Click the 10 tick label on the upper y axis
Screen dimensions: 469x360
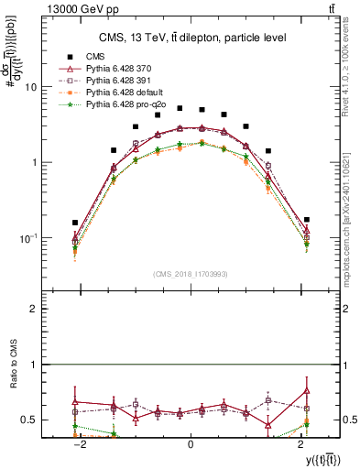point(30,87)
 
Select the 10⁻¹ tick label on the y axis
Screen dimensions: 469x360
point(28,238)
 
